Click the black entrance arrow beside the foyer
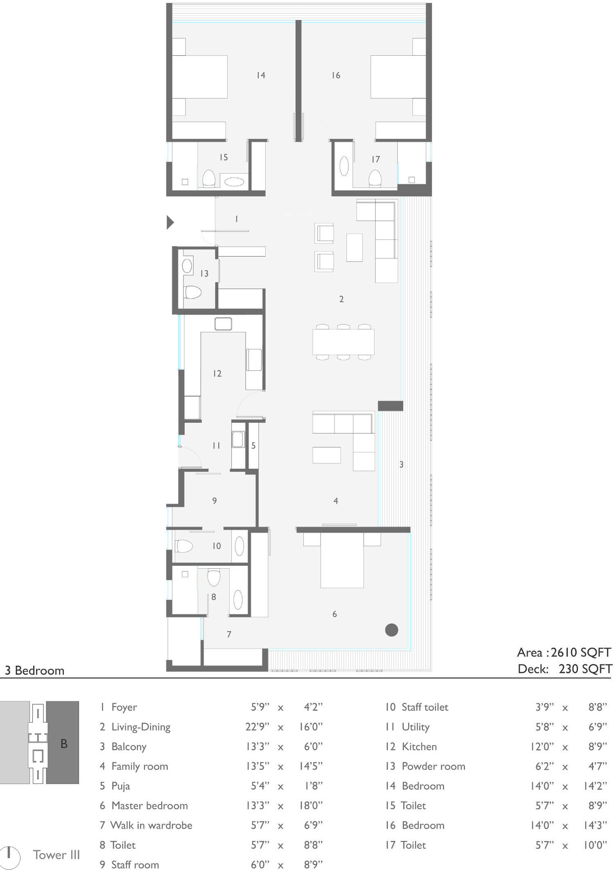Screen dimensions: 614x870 pyautogui.click(x=170, y=222)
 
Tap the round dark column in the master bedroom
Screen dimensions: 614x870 pyautogui.click(x=392, y=630)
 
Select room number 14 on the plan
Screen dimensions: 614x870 pyautogui.click(x=261, y=75)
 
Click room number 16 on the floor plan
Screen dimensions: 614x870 pyautogui.click(x=336, y=75)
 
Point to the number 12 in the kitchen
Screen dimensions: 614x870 pyautogui.click(x=217, y=373)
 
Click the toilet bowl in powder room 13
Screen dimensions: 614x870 pyautogui.click(x=192, y=292)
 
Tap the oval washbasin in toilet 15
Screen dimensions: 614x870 pyautogui.click(x=234, y=181)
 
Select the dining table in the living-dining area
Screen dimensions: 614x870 pyautogui.click(x=343, y=342)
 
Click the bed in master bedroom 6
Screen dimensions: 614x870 pyautogui.click(x=342, y=560)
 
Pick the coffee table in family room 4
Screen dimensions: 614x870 pyautogui.click(x=327, y=455)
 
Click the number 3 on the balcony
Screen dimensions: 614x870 pyautogui.click(x=401, y=464)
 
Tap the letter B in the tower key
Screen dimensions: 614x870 pyautogui.click(x=64, y=743)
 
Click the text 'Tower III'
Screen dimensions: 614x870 pyautogui.click(x=56, y=854)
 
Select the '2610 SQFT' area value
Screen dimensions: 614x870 pyautogui.click(x=581, y=652)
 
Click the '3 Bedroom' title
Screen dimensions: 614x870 pyautogui.click(x=34, y=670)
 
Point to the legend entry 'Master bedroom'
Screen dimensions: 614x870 pyautogui.click(x=150, y=805)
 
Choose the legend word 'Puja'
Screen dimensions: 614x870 pyautogui.click(x=121, y=786)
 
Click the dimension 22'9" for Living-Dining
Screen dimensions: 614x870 pyautogui.click(x=257, y=727)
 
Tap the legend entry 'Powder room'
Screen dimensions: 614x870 pyautogui.click(x=433, y=766)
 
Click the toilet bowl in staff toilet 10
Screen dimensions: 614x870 pyautogui.click(x=184, y=546)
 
